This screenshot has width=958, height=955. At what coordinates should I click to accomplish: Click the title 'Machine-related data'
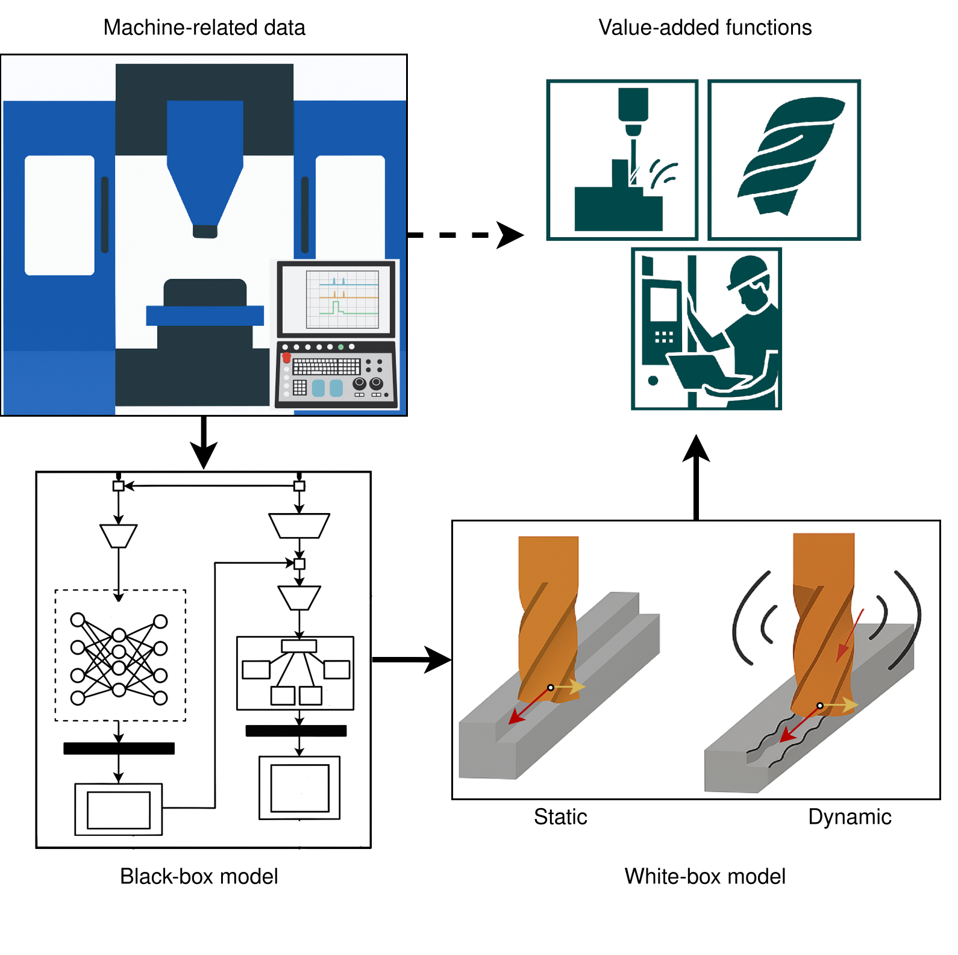204,28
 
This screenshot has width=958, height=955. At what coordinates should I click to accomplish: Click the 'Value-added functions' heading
705,28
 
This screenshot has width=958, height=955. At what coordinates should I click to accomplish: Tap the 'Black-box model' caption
199,876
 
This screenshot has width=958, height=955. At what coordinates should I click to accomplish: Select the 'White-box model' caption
705,876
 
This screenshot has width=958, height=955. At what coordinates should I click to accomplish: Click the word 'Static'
560,817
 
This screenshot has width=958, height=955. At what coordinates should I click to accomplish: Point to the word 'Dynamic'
850,817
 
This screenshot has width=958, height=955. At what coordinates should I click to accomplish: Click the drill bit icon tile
784,160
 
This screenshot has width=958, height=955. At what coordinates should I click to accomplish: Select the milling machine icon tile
622,160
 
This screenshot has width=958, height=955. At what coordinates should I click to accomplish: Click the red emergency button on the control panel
286,358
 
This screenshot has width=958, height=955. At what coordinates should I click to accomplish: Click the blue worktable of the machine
205,316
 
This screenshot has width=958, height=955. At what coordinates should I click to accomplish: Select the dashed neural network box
121,655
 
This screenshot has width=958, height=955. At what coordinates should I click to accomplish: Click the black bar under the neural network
119,748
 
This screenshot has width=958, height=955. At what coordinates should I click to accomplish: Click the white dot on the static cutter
551,688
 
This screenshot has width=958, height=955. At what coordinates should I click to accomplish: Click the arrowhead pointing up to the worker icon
696,449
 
